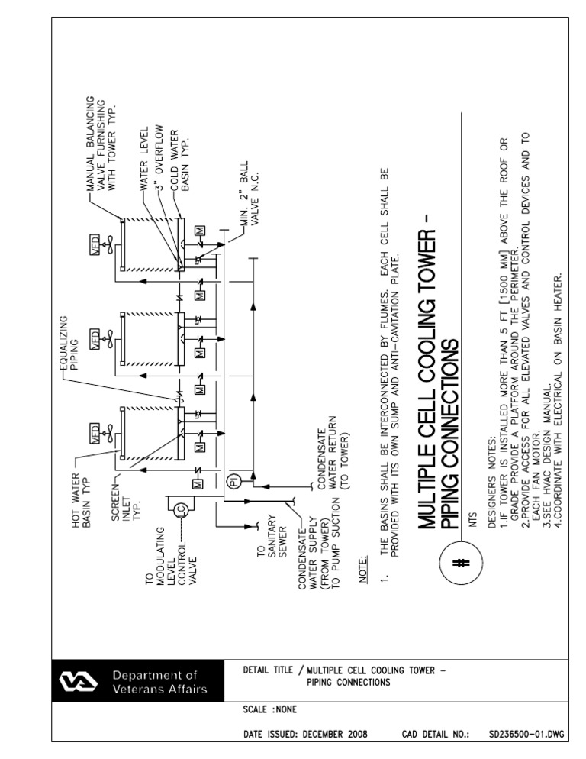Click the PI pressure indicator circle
(x=234, y=480)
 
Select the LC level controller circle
(x=181, y=511)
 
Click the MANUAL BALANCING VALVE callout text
(x=101, y=144)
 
